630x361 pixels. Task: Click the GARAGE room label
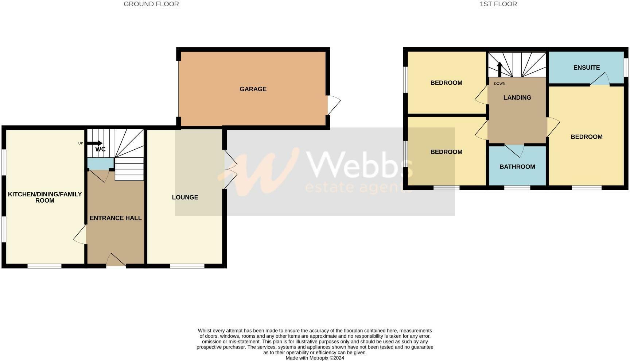point(253,89)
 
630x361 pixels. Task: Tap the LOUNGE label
point(185,197)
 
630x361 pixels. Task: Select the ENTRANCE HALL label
point(116,218)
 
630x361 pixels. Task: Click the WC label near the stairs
point(100,150)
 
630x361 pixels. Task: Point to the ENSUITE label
point(586,68)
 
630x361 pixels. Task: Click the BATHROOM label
point(517,167)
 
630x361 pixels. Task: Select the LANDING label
point(517,97)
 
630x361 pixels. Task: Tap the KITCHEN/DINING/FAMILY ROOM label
point(45,197)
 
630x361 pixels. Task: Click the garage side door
point(334,105)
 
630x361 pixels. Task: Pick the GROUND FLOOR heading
point(151,4)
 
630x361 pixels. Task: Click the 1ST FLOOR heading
point(498,4)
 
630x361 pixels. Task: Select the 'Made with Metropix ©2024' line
point(315,358)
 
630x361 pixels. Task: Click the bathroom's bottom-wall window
point(517,188)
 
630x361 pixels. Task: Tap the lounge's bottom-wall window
point(187,266)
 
